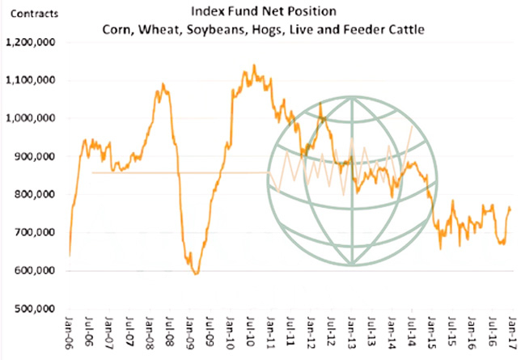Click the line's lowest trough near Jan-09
click(x=196, y=273)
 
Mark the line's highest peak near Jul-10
click(x=254, y=66)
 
